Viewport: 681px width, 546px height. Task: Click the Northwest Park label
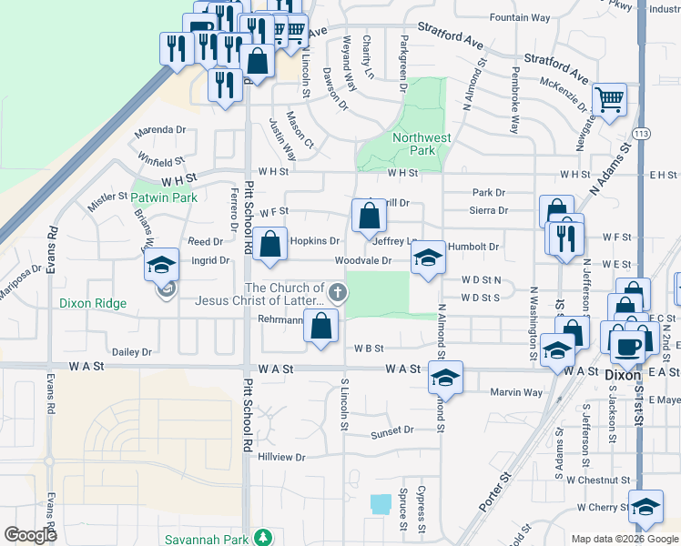[x=422, y=144]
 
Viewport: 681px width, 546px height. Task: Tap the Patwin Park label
[x=164, y=197]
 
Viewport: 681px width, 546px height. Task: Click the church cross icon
[x=338, y=293]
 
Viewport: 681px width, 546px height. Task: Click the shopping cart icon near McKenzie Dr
[x=609, y=100]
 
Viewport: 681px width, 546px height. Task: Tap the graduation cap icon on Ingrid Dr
[x=161, y=265]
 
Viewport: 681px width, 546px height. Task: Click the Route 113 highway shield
[x=643, y=132]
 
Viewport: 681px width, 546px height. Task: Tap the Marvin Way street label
[x=515, y=393]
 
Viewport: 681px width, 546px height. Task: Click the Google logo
[x=30, y=536]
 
